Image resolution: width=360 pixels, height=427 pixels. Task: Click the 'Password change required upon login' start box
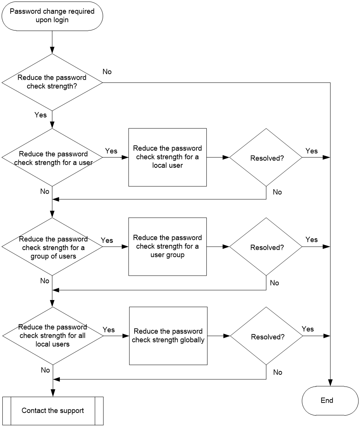52,16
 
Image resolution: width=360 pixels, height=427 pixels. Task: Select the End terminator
330,401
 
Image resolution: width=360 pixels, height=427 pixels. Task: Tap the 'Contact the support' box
53,411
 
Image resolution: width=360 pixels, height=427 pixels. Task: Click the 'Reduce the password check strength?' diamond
52,82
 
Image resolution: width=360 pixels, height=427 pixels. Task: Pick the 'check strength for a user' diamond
52,157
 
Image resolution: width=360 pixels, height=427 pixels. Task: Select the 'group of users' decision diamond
52,247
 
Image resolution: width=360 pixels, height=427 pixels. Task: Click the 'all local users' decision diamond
53,336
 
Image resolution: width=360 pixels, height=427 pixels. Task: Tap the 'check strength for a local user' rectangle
167,157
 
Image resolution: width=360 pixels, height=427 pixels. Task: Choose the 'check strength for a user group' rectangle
167,247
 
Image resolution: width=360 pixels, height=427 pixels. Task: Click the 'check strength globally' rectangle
168,336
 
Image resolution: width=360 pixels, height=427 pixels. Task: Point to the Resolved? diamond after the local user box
266,157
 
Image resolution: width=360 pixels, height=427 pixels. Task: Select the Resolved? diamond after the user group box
266,247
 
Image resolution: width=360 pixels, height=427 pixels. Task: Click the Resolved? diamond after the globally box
267,336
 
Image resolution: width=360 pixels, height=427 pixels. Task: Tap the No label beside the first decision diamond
107,72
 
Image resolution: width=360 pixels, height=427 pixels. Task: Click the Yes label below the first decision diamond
40,115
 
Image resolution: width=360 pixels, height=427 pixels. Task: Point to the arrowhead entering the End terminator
330,383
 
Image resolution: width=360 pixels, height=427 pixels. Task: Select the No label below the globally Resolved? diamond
278,372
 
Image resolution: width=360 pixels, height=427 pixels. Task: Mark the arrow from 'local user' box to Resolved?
218,157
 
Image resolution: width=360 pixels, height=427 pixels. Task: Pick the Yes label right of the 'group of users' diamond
107,240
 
